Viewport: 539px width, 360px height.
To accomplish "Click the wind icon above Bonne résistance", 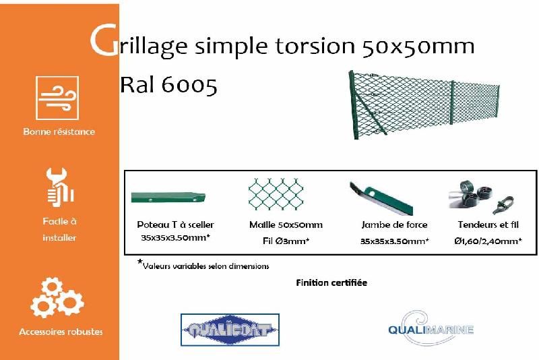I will coord(57,98).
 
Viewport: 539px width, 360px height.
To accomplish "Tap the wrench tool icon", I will coord(59,187).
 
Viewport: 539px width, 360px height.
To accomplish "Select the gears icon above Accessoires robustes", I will coord(57,297).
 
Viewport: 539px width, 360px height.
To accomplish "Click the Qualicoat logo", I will coord(230,330).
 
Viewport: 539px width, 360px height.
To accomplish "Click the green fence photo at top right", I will coord(425,104).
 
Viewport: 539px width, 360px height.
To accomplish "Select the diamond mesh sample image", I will coord(276,195).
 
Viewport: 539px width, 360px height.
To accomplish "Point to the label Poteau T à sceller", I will coord(175,225).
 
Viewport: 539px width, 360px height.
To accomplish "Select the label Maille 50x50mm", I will coord(286,225).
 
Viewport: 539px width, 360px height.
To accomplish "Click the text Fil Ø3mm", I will coord(286,240).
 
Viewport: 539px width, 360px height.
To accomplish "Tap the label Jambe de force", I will coord(394,225).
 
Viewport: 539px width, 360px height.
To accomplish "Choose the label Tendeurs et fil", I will coord(488,225).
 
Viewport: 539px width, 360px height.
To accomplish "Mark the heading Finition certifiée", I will coord(331,282).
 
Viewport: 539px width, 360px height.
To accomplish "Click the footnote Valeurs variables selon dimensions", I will coord(205,266).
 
